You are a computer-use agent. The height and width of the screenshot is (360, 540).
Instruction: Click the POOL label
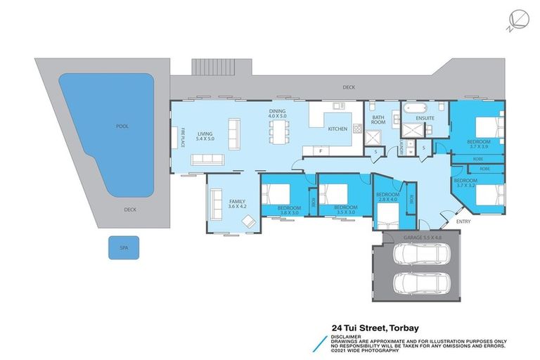click(x=122, y=127)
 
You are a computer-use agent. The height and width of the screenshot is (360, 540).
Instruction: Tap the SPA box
click(x=124, y=247)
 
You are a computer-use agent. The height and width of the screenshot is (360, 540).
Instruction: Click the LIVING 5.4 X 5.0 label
click(x=205, y=136)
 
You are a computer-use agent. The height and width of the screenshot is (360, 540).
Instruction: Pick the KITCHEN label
click(x=338, y=129)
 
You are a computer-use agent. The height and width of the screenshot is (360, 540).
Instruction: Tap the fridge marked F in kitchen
click(x=321, y=151)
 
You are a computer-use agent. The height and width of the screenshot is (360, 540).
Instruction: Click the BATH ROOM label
click(x=378, y=120)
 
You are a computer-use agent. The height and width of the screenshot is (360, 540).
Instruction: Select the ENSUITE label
click(x=425, y=118)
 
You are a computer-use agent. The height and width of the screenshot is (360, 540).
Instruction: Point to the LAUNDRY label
click(x=401, y=147)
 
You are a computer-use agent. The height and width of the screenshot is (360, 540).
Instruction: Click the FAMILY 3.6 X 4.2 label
click(x=238, y=205)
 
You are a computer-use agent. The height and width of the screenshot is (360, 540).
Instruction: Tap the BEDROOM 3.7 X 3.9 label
click(x=478, y=146)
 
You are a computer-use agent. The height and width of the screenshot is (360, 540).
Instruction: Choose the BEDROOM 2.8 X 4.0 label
click(x=387, y=198)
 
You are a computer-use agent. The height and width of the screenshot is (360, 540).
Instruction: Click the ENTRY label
click(x=463, y=221)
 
